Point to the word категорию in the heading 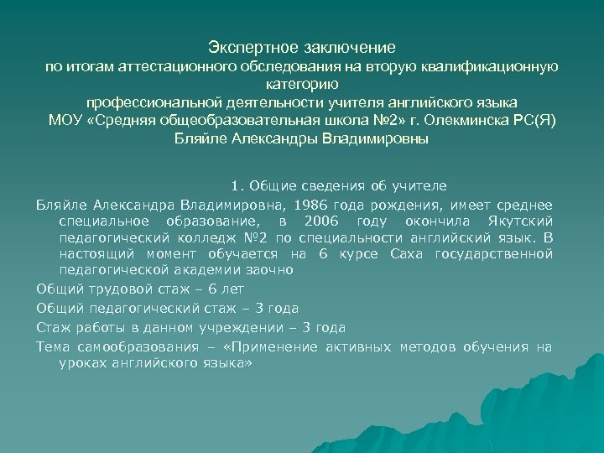tap(302, 84)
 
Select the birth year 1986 tap(309, 204)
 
